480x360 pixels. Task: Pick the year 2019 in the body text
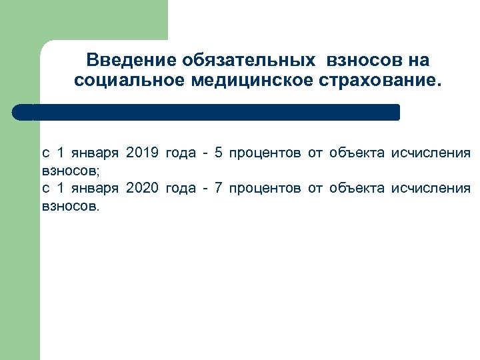142,154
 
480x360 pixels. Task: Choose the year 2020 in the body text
142,189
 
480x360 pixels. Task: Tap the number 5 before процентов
219,154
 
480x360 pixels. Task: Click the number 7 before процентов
219,189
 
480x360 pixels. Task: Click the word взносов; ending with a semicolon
71,171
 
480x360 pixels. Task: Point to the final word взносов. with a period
70,206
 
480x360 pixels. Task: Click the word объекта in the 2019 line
357,154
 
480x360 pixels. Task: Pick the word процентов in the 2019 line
265,154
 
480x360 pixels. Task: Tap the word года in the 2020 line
180,189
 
